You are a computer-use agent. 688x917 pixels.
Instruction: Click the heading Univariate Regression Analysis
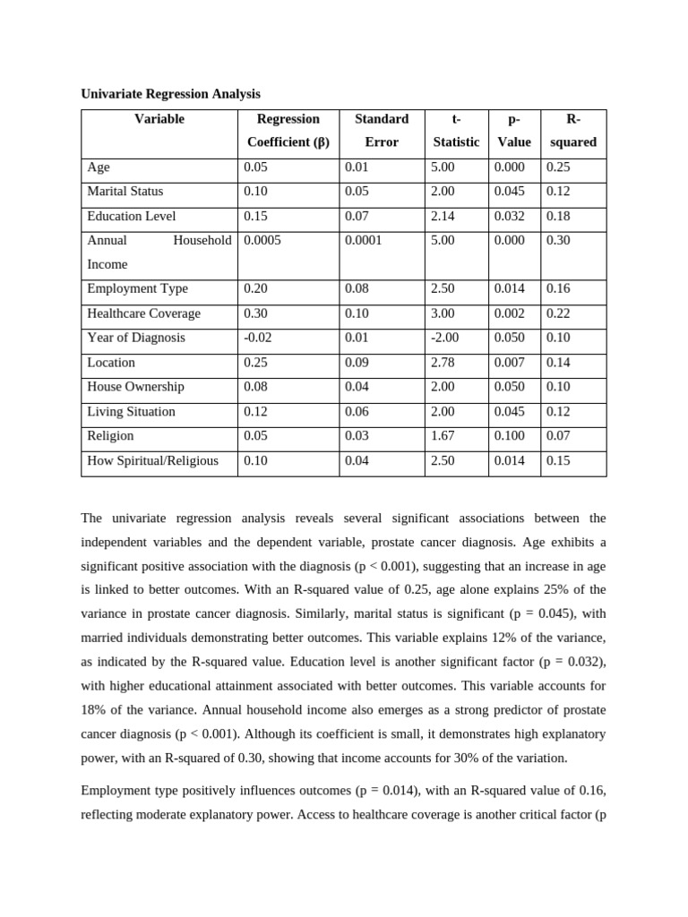(x=170, y=93)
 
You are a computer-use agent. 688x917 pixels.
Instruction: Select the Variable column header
(x=159, y=119)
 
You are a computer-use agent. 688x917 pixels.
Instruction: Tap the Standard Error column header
(x=382, y=131)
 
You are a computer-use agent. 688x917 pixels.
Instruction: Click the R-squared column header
(x=573, y=131)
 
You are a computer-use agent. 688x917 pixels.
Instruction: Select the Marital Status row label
(x=125, y=192)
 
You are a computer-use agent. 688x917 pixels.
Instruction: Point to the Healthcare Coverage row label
(x=143, y=313)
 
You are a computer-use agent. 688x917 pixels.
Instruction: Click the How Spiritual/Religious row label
(x=152, y=460)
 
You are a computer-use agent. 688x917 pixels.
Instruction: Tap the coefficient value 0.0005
(x=262, y=241)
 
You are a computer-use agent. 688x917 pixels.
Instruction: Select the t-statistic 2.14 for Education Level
(x=443, y=216)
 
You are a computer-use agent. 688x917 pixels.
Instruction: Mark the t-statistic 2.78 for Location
(x=443, y=363)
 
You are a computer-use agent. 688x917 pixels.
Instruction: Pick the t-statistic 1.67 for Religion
(x=443, y=436)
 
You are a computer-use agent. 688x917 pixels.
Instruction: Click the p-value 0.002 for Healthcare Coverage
(x=511, y=313)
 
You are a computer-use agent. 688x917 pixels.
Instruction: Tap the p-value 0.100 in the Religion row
(x=511, y=436)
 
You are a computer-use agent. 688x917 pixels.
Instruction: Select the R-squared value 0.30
(x=559, y=241)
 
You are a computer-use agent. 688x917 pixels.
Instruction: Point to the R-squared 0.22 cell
(x=559, y=313)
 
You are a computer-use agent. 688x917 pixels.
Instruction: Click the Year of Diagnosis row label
(x=136, y=338)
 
